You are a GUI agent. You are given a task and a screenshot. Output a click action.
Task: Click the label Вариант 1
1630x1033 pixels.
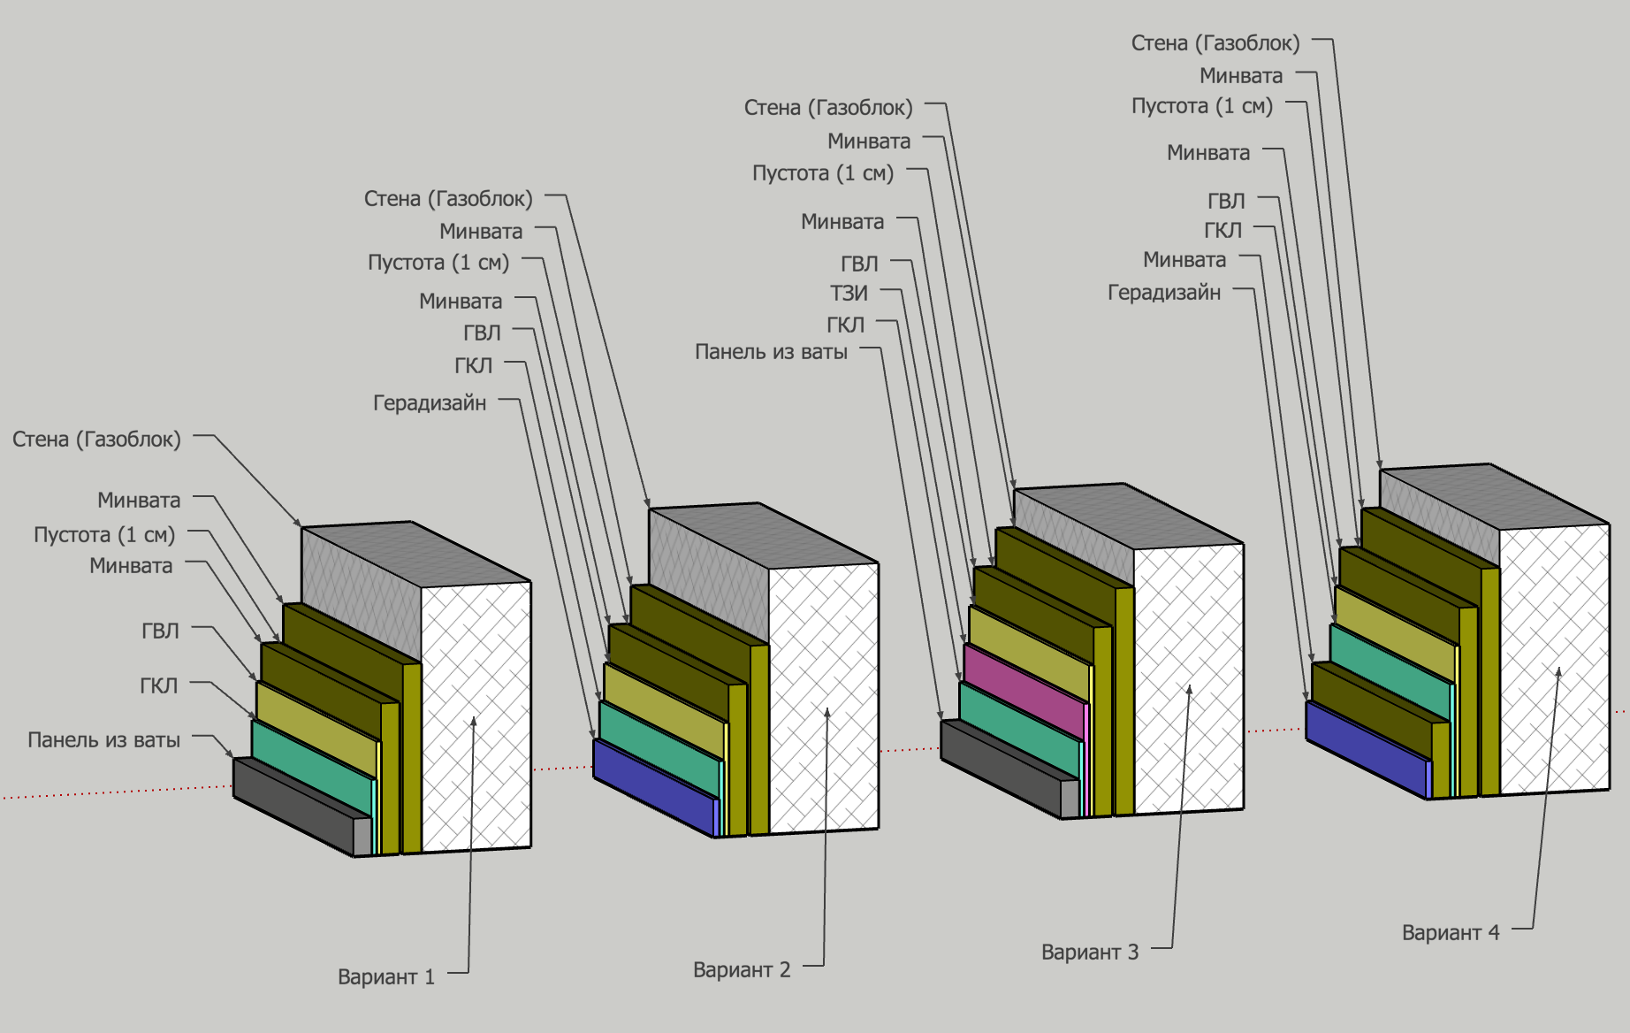tap(386, 977)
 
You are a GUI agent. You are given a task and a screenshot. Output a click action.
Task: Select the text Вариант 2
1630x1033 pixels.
tap(742, 970)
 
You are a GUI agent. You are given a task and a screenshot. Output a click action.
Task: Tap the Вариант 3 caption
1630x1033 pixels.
tap(1090, 953)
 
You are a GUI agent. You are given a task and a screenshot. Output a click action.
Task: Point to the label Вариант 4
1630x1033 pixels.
tap(1451, 933)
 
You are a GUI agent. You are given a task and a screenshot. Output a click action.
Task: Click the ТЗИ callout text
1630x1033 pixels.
tap(849, 293)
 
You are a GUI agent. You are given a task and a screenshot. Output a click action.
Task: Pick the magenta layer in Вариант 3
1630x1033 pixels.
tap(1023, 691)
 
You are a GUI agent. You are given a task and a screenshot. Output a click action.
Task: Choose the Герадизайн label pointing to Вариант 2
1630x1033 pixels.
tap(430, 403)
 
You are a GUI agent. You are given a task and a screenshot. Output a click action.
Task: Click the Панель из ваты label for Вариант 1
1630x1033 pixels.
tap(103, 740)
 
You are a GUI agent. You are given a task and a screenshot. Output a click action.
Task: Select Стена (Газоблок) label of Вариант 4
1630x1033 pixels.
tap(1215, 43)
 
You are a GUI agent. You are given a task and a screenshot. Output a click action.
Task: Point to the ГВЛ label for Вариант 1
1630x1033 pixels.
tap(160, 631)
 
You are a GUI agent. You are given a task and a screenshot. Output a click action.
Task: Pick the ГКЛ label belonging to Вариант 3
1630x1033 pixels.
tap(845, 325)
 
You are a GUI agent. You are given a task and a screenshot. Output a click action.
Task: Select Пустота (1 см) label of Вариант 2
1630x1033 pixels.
tap(438, 263)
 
